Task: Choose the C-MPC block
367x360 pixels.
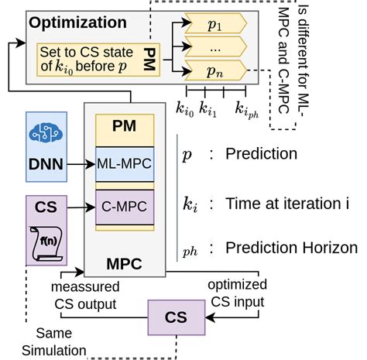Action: click(125, 206)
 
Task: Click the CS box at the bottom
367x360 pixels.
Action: click(177, 317)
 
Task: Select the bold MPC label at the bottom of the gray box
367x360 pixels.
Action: click(125, 262)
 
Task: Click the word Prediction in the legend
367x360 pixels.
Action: click(261, 153)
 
